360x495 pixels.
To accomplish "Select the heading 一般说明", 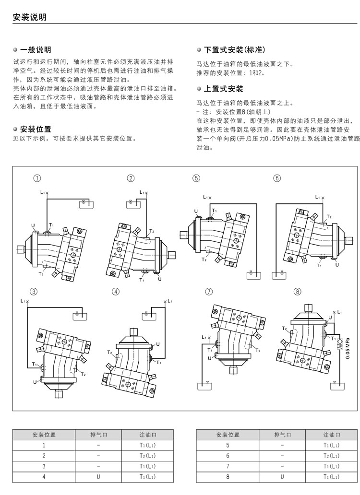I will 35,50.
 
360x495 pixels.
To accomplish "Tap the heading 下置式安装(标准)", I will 234,50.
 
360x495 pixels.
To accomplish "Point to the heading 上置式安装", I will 223,89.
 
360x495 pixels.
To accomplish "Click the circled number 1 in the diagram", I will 36,178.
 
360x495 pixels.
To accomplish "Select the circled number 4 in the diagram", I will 115,292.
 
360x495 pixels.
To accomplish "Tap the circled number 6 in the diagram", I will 277,178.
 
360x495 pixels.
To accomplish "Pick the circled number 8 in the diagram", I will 298,292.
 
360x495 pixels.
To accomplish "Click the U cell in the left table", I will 98,477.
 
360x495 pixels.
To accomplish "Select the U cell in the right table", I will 282,477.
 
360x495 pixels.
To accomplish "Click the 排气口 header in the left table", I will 98,435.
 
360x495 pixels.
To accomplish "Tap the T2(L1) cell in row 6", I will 332,456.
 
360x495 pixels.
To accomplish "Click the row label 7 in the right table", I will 228,466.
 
